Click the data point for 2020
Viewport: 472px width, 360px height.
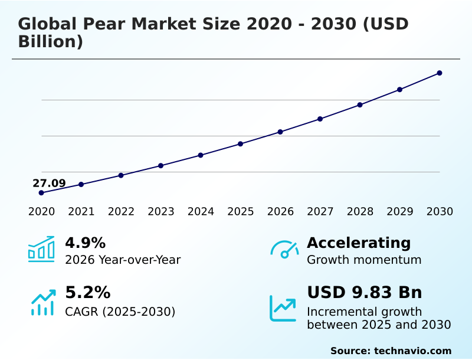click(x=41, y=193)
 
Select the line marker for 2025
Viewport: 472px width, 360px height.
click(x=241, y=144)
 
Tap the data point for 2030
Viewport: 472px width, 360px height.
click(x=440, y=73)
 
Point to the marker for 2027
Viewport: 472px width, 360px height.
click(x=320, y=119)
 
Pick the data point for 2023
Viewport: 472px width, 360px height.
click(x=161, y=166)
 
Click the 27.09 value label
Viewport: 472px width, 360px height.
click(x=49, y=183)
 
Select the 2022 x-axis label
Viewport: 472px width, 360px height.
click(x=121, y=212)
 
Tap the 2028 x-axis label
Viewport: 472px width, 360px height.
click(x=360, y=212)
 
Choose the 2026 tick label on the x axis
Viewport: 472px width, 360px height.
click(x=280, y=212)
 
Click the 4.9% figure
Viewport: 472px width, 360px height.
click(x=85, y=243)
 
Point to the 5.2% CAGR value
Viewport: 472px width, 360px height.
click(x=87, y=293)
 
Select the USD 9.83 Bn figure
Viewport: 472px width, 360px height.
click(x=365, y=293)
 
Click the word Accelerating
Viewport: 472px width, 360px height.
click(x=359, y=243)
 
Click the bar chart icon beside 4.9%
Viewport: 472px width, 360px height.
click(x=41, y=250)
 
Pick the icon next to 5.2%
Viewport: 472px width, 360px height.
click(x=42, y=302)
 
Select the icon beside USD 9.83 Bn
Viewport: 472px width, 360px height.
click(x=283, y=308)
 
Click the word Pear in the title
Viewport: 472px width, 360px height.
click(x=104, y=24)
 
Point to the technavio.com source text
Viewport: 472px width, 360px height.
click(x=412, y=351)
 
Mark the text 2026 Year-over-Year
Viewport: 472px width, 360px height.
click(x=123, y=260)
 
